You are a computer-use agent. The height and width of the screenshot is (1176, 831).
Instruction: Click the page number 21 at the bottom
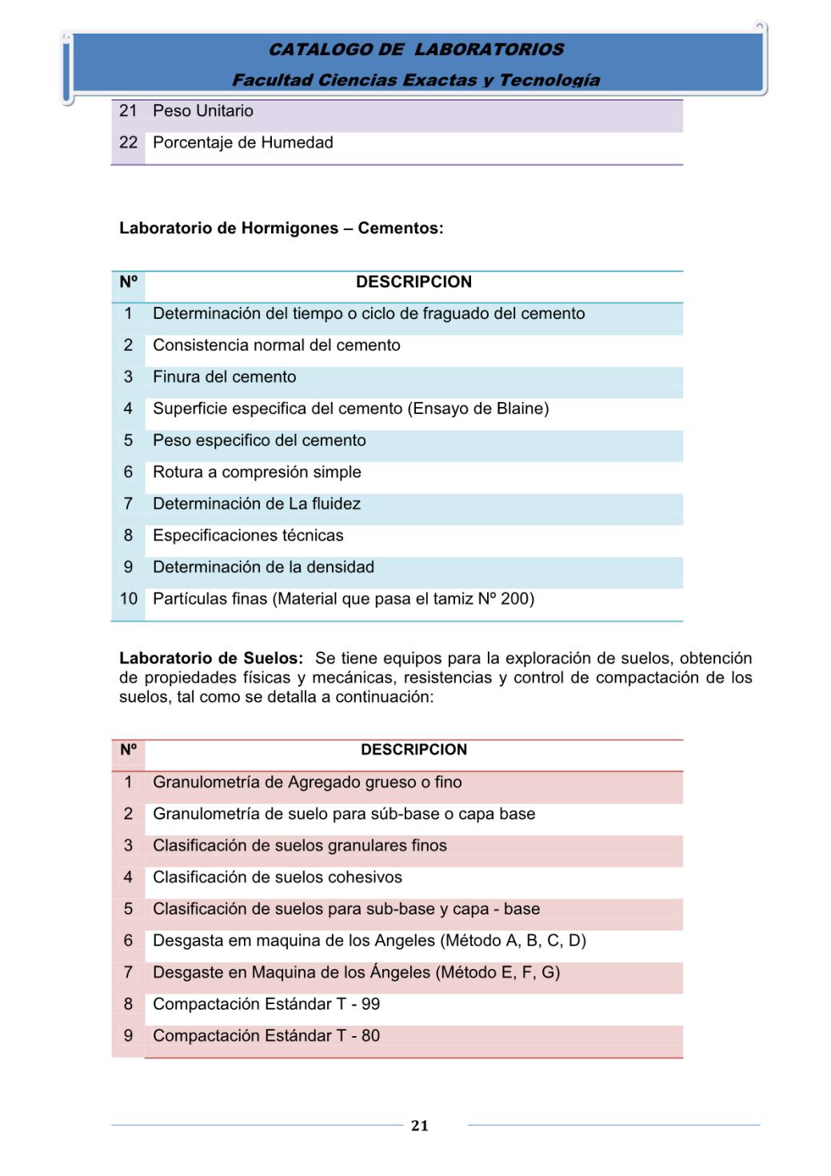(x=419, y=1126)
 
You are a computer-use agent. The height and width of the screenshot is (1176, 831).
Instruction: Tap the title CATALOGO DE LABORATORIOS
(x=416, y=50)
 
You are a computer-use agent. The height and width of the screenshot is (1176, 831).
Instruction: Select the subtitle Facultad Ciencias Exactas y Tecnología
(x=416, y=80)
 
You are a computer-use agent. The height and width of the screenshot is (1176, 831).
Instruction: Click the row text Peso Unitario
(x=203, y=111)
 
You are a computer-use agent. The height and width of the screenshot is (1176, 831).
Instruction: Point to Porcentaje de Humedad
(x=243, y=143)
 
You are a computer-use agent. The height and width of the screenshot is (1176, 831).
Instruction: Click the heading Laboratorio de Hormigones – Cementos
(x=281, y=229)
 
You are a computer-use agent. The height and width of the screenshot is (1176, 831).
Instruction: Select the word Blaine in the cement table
(x=519, y=409)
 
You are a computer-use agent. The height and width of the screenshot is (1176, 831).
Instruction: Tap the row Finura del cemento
(x=225, y=377)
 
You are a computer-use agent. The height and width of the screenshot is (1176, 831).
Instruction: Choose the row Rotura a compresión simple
(x=257, y=472)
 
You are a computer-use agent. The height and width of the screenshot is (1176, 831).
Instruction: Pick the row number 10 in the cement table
(x=128, y=599)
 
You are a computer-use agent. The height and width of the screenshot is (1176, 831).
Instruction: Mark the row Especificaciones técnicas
(x=248, y=536)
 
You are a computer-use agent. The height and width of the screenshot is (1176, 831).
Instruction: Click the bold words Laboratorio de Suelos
(x=211, y=659)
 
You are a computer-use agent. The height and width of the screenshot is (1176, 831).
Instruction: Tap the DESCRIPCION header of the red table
(x=414, y=750)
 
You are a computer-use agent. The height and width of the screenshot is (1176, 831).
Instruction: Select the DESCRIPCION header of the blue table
(x=414, y=282)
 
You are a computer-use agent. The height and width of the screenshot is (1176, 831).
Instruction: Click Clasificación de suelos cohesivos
(x=278, y=878)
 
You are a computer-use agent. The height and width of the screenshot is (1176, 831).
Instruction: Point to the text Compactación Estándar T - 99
(x=266, y=1004)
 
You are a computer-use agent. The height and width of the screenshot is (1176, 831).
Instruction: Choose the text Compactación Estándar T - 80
(x=266, y=1036)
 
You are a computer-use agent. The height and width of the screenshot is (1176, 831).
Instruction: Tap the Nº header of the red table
(x=128, y=750)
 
